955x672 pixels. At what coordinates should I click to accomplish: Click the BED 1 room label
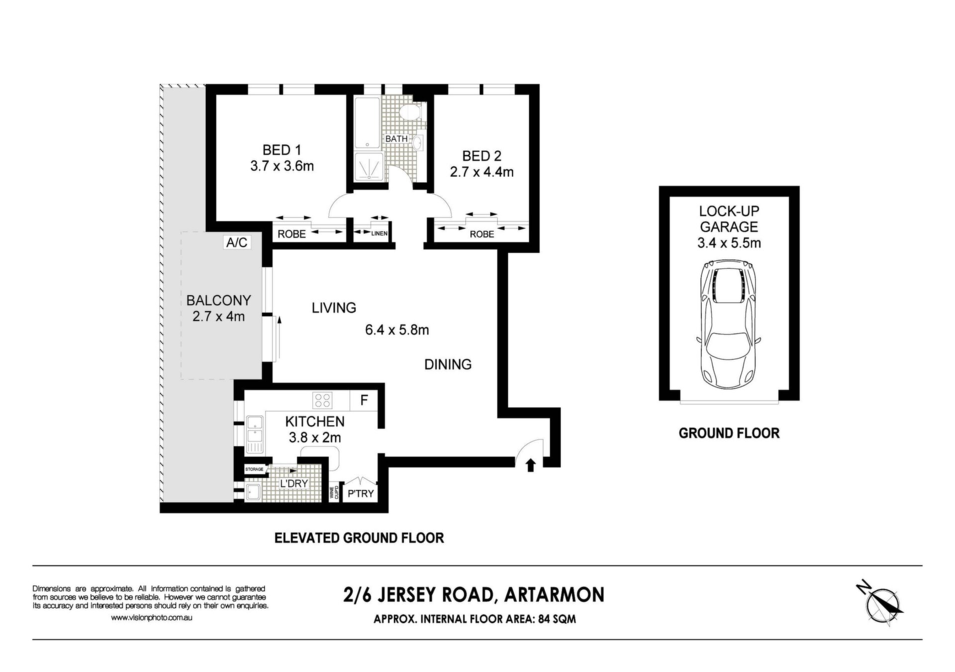[282, 149]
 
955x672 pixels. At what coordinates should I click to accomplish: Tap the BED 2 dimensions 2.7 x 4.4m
[481, 172]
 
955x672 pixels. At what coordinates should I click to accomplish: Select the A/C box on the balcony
[237, 242]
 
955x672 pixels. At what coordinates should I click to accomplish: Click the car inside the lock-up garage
[729, 325]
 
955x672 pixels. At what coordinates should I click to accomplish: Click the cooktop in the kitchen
[322, 400]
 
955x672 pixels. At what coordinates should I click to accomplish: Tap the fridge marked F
[364, 400]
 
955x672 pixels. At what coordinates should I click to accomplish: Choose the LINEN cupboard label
[379, 233]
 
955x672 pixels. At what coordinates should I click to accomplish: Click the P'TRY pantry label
[361, 494]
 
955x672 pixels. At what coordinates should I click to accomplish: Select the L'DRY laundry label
[293, 483]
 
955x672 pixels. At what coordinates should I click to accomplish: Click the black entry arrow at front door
[530, 465]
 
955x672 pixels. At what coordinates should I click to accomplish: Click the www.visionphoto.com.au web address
[151, 618]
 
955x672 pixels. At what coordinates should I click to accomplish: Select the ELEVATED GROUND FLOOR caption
[359, 538]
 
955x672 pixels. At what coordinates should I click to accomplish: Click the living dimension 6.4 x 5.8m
[397, 330]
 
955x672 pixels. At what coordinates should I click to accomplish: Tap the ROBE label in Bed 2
[481, 234]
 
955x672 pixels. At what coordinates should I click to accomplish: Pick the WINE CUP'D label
[334, 492]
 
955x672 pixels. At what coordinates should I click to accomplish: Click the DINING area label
[448, 364]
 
